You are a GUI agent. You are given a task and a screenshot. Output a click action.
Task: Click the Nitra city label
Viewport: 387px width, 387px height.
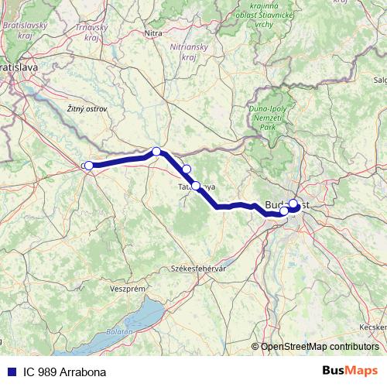[x=153, y=33]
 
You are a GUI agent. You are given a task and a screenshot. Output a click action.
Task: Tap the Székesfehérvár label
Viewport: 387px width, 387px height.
[x=197, y=268]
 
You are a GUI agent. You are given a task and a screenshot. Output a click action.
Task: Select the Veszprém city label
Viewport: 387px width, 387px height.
[x=128, y=288]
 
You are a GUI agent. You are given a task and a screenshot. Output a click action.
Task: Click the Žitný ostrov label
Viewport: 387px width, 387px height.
[x=87, y=109]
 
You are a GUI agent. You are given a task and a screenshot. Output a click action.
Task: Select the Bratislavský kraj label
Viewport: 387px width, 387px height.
[x=26, y=30]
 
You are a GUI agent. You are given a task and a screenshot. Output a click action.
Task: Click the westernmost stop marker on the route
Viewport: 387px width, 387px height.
[x=89, y=165]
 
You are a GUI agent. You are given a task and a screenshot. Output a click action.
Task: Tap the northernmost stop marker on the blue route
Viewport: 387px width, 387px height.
[x=156, y=152]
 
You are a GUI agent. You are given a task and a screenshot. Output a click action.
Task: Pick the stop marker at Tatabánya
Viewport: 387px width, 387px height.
[x=196, y=186]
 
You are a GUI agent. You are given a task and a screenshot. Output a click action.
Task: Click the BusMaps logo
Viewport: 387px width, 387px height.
[x=350, y=371]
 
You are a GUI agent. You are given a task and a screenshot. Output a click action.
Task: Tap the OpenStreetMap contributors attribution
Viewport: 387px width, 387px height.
[x=320, y=346]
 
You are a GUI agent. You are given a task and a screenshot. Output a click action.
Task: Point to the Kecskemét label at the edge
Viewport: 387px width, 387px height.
[x=374, y=327]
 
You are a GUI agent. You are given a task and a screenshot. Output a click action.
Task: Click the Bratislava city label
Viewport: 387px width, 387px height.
[x=19, y=67]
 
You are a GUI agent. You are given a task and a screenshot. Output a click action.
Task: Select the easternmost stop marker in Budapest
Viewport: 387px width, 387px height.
[x=293, y=204]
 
